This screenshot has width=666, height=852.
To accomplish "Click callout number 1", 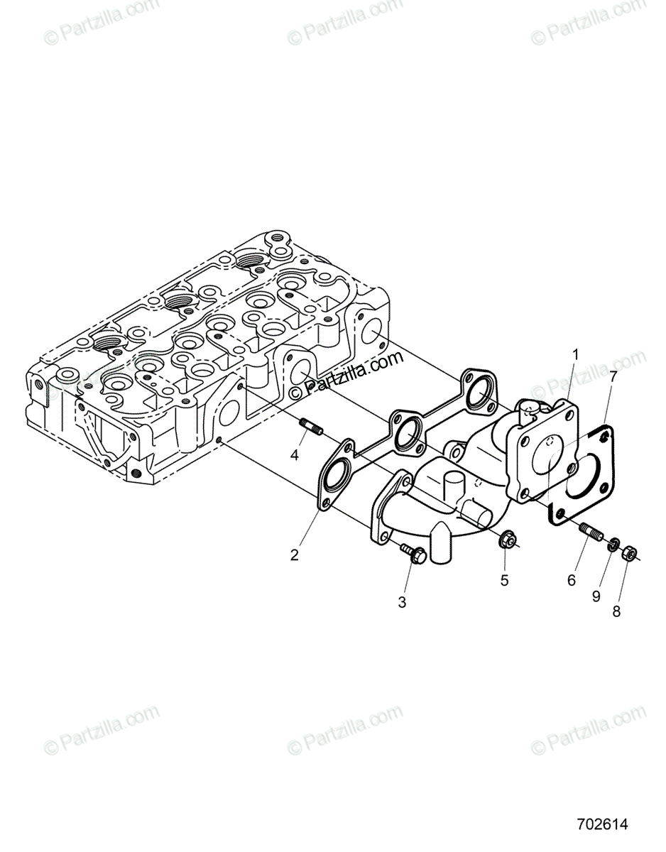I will [x=576, y=353].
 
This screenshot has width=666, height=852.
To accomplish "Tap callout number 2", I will [x=294, y=555].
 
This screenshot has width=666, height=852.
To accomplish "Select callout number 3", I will [x=402, y=603].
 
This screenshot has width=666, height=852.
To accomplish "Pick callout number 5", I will [x=504, y=580].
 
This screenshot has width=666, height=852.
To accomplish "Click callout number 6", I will [x=572, y=580].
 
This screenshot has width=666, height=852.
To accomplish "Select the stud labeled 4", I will [x=313, y=428].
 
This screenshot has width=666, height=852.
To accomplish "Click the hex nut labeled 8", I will [x=628, y=553].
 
